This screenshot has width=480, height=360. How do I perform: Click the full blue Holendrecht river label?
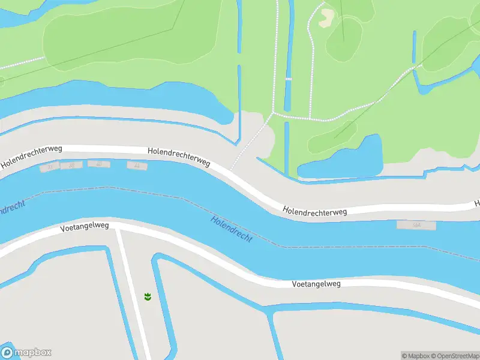click(x=232, y=229)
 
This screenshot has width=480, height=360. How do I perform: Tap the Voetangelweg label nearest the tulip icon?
click(x=85, y=227)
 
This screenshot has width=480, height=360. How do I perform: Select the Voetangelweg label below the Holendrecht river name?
click(x=316, y=283)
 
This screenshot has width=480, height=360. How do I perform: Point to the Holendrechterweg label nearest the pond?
click(x=315, y=211)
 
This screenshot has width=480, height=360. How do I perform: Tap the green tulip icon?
click(x=147, y=296)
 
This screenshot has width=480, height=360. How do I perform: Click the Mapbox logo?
click(x=26, y=352)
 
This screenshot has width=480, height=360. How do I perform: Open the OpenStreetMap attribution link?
click(x=456, y=356)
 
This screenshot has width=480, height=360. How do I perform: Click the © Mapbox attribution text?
click(x=416, y=356)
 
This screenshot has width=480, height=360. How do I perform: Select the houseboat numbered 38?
click(x=71, y=166)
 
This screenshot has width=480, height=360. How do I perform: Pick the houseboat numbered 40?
click(x=99, y=164)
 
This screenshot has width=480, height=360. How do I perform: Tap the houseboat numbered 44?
click(x=136, y=165)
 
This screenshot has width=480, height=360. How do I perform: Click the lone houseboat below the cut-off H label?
click(x=416, y=224)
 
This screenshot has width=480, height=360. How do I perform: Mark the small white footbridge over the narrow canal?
click(x=287, y=79)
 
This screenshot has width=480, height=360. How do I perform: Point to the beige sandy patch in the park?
click(x=327, y=18)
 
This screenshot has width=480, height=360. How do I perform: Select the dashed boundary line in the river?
click(x=150, y=192)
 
